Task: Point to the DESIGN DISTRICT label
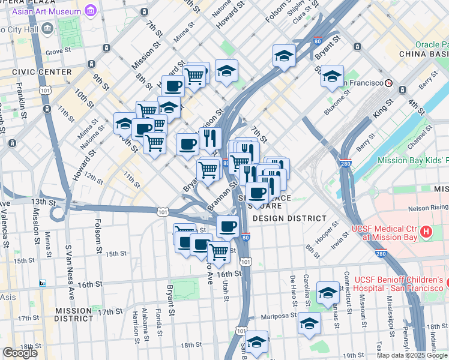click(x=289, y=218)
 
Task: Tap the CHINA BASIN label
click(x=424, y=54)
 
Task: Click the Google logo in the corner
click(x=20, y=353)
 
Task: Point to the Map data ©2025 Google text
click(x=412, y=355)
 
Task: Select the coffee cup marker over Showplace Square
click(x=258, y=193)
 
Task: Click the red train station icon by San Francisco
click(x=389, y=83)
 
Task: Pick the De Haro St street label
click(x=293, y=287)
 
